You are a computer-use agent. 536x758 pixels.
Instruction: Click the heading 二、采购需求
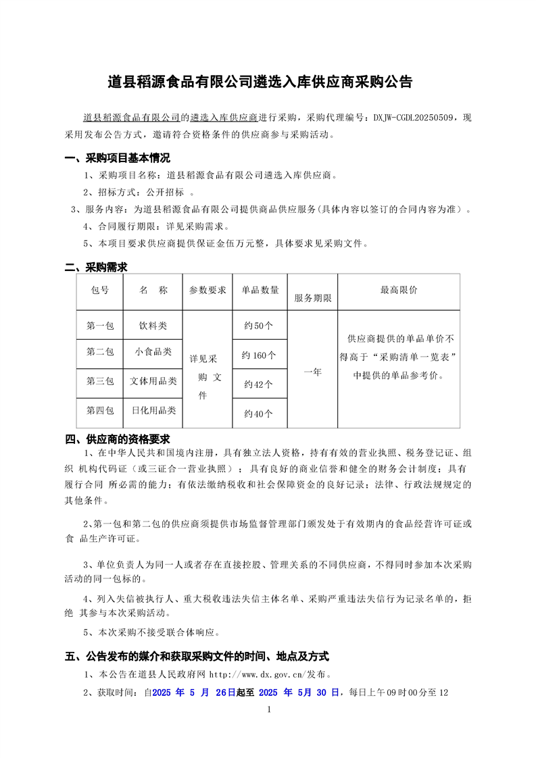(x=96, y=268)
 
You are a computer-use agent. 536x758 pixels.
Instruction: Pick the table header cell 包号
(x=100, y=290)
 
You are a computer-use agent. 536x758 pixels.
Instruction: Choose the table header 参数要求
(x=208, y=290)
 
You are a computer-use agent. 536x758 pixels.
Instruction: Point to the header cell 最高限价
(x=399, y=290)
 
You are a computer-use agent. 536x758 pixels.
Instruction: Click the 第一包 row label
(x=100, y=326)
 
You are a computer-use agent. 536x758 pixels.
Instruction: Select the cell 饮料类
(x=153, y=326)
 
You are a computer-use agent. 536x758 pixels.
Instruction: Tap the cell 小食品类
(x=153, y=351)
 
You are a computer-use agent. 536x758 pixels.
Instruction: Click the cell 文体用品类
(x=153, y=381)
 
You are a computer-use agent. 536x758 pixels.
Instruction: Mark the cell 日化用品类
(x=153, y=410)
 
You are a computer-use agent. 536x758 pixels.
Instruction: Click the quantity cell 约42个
(x=260, y=384)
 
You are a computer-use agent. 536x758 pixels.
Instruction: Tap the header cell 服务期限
(x=312, y=298)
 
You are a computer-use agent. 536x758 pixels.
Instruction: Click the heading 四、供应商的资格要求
(x=117, y=439)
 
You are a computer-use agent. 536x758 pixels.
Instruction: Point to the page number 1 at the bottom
(x=269, y=709)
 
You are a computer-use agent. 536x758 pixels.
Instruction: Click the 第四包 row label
(x=100, y=410)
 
